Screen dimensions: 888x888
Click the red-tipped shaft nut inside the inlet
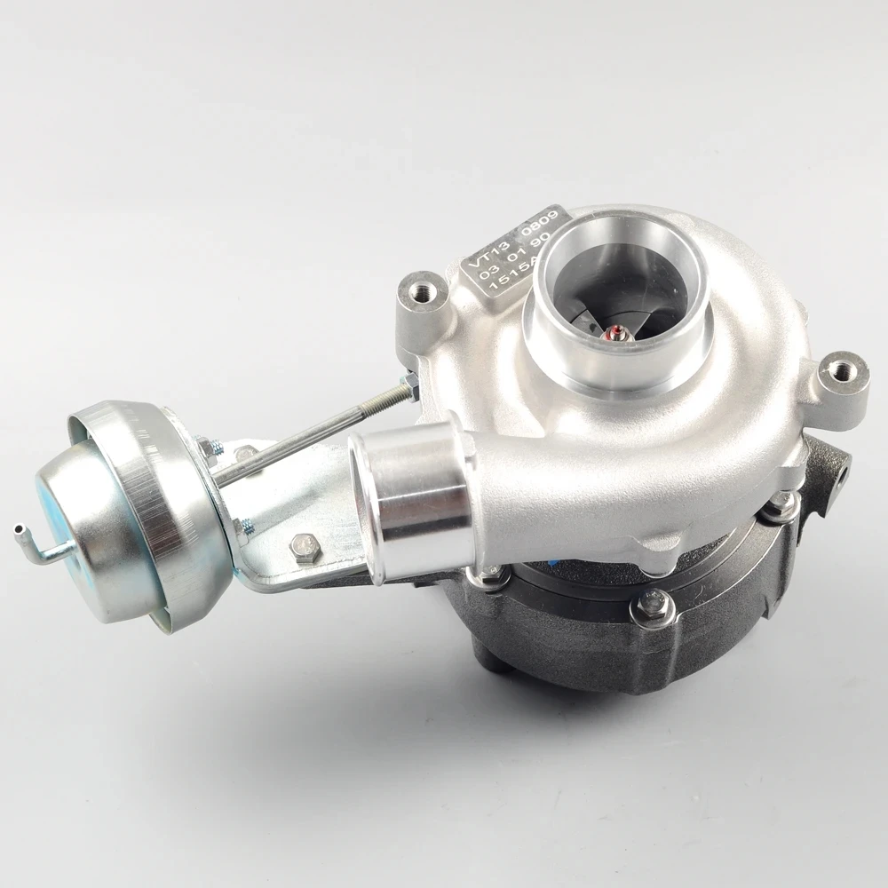coord(612,336)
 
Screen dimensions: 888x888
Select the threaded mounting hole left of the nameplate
coord(418,289)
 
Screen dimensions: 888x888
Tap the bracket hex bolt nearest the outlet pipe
coord(305,549)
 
